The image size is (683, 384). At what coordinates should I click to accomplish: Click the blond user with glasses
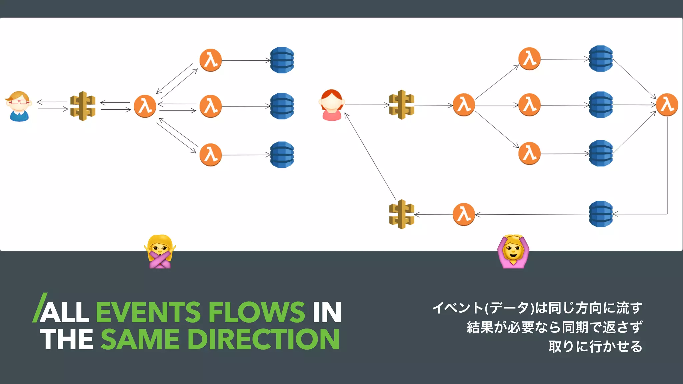coord(19,106)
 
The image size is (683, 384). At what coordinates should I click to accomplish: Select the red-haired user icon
coord(331,105)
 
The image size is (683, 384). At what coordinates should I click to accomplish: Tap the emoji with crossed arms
coord(160,252)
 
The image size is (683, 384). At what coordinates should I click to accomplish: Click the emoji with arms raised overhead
coord(513,252)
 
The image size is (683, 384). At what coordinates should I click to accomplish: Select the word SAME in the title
coord(140,339)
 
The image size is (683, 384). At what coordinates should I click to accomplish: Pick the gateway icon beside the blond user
coord(83,106)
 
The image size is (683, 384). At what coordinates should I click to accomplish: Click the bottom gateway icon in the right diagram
coord(402,214)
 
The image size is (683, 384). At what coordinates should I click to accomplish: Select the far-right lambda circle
coord(667,105)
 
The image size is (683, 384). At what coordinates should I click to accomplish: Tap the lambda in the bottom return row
coord(464,214)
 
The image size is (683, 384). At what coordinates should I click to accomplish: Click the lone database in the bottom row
coord(601,214)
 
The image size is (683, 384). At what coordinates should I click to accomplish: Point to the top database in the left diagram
coord(282,60)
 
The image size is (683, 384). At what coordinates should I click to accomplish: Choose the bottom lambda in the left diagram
coord(211,155)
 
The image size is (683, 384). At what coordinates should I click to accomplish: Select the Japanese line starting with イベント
coord(537,308)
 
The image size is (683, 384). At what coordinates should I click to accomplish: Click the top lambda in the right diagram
coord(529,59)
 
